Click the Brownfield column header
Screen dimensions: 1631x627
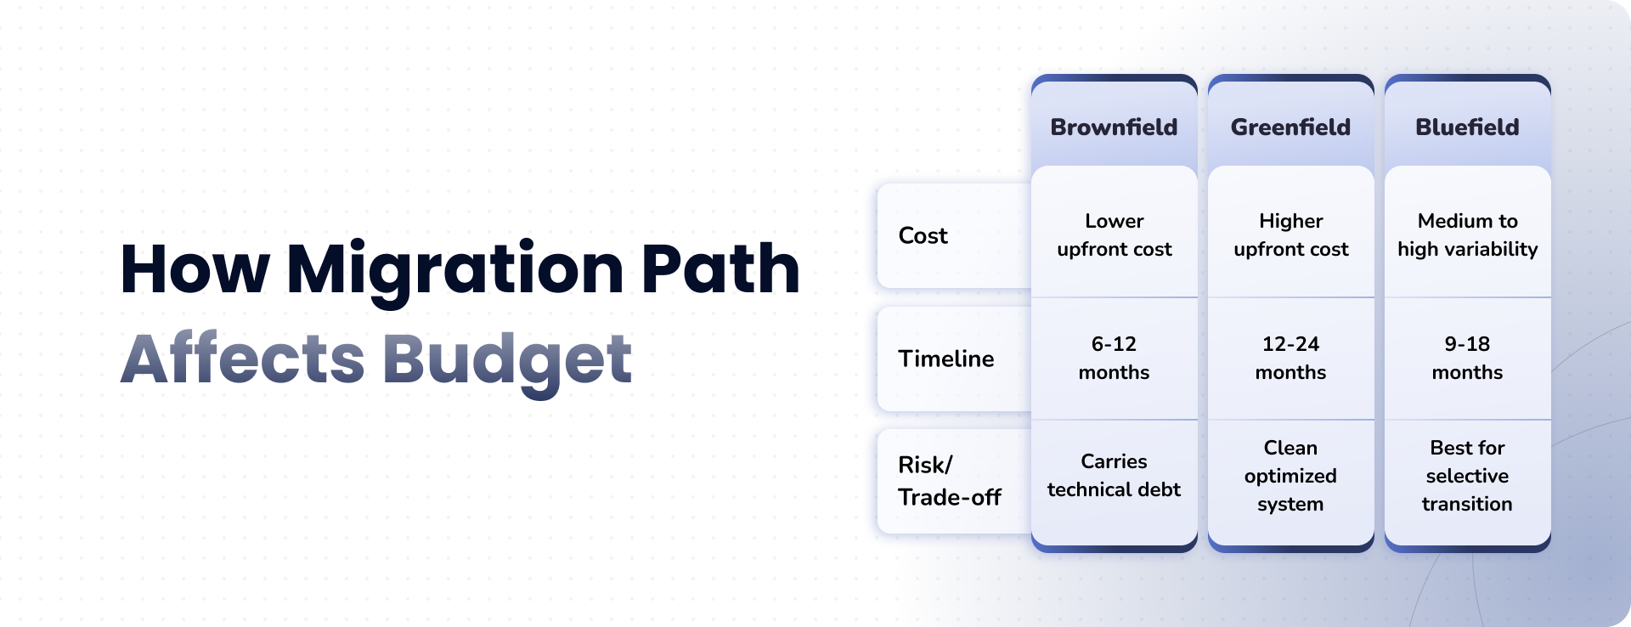tap(1114, 127)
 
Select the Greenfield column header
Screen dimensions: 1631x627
tap(1290, 127)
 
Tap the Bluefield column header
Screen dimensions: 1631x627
tap(1467, 127)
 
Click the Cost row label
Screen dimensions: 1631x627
tap(923, 235)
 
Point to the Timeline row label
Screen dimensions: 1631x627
tap(946, 359)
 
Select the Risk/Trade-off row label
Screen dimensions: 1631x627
tap(950, 481)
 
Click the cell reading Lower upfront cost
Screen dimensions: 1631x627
tap(1115, 234)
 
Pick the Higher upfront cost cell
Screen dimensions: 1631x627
tap(1291, 234)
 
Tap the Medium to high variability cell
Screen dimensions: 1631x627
tap(1468, 234)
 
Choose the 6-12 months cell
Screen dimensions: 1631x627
tap(1114, 358)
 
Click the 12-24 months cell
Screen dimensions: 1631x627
tap(1290, 358)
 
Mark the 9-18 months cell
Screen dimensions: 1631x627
tap(1467, 358)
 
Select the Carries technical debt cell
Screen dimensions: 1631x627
tap(1114, 475)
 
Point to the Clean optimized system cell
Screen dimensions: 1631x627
tap(1290, 476)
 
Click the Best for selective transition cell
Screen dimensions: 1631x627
tap(1467, 476)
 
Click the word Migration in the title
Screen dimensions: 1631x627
tap(455, 271)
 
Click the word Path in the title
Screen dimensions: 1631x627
tap(720, 268)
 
